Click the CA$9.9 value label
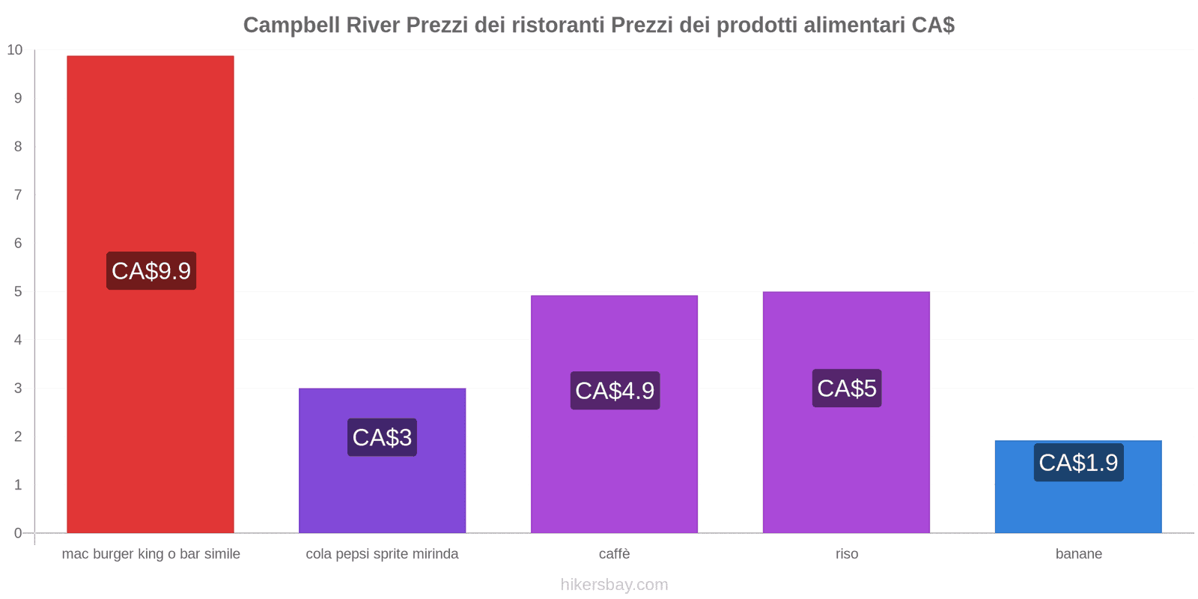pos(151,271)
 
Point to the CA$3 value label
pos(382,437)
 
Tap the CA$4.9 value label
pos(615,391)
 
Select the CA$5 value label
pos(847,389)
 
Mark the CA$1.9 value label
pos(1078,463)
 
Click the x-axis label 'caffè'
pos(614,554)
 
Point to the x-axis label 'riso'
pos(847,554)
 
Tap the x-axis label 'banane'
pos(1078,554)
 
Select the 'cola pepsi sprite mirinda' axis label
pos(382,554)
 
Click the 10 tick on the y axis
pos(15,50)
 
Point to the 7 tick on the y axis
pos(18,195)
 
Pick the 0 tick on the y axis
pos(18,533)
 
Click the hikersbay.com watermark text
pos(614,585)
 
